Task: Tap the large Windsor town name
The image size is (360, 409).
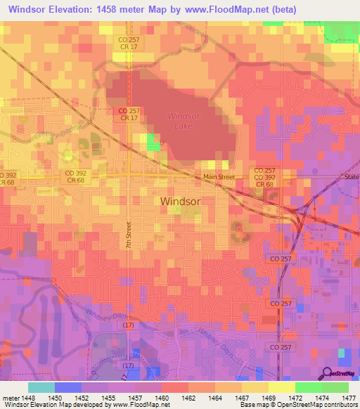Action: coord(181,201)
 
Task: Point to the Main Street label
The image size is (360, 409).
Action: coord(219,177)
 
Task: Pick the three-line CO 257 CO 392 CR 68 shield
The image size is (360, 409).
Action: coord(264,177)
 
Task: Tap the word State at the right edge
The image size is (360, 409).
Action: coord(351,177)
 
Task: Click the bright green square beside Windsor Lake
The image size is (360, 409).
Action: coord(153,143)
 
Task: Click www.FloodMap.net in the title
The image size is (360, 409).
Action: coord(231,10)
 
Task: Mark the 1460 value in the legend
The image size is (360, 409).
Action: coord(162,397)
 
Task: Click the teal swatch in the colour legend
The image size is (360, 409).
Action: coord(41,387)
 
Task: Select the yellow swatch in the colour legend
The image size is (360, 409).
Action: coord(281,387)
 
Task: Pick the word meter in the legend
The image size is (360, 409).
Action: coord(9,397)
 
